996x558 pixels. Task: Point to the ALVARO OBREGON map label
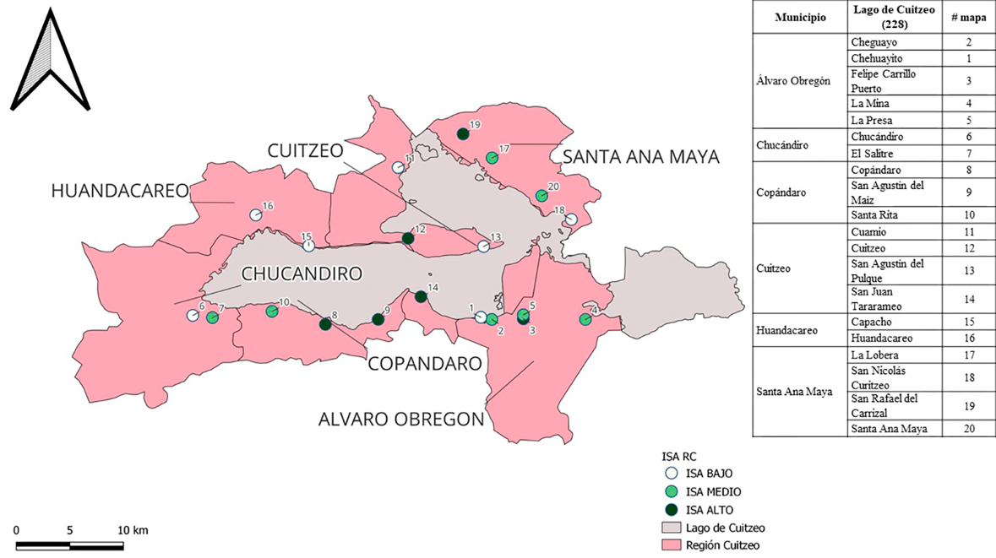(x=401, y=420)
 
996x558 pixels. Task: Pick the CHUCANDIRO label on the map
(x=302, y=274)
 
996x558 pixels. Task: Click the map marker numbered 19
(x=462, y=133)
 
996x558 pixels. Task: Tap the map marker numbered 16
(x=255, y=215)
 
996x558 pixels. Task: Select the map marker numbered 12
(x=408, y=239)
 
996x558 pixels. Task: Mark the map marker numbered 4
(x=585, y=320)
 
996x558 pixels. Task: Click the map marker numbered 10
(x=272, y=312)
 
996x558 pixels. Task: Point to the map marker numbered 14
(x=421, y=296)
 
